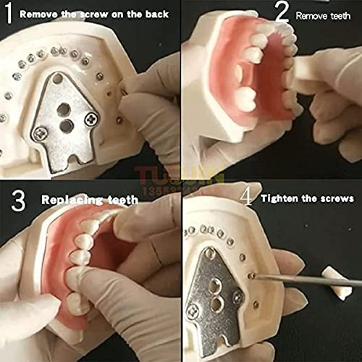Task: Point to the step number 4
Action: click(x=247, y=197)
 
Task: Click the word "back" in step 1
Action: click(x=156, y=14)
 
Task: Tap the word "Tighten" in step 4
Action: click(x=279, y=199)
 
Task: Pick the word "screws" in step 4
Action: click(x=338, y=199)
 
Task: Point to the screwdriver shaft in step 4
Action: click(x=308, y=280)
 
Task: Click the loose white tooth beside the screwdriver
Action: click(x=337, y=283)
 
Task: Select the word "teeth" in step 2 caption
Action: click(x=340, y=16)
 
